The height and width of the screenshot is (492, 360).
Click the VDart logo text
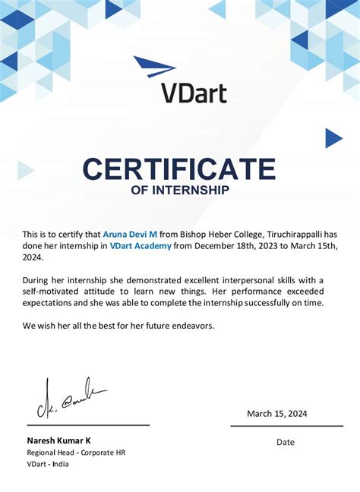point(194,91)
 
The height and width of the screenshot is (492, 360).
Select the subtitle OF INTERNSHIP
point(180,190)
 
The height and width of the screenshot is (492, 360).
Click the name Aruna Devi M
point(130,234)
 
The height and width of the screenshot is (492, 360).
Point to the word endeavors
point(190,326)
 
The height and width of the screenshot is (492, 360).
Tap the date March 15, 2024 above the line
point(277,414)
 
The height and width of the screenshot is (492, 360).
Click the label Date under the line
point(286,442)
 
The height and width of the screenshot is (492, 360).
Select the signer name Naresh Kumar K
point(59,440)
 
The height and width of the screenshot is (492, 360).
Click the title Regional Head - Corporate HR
point(76,453)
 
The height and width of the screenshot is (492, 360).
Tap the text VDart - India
point(48,464)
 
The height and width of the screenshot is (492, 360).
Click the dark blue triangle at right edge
point(333,137)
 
